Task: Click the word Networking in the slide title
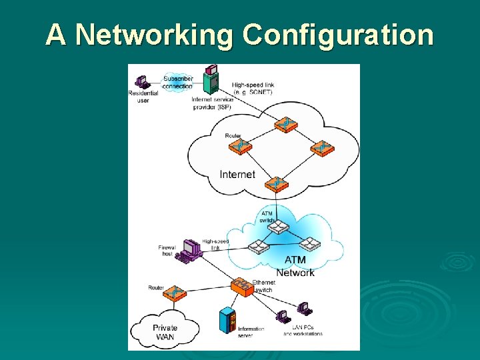(153, 34)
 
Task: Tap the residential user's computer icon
(141, 81)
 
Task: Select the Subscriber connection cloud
(177, 82)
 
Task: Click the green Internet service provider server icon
(211, 80)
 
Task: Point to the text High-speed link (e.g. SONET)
(253, 89)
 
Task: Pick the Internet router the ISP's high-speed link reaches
(288, 125)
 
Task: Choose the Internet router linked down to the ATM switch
(274, 183)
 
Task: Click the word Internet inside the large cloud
(237, 175)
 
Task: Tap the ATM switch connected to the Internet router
(276, 227)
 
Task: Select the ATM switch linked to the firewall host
(257, 247)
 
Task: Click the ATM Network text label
(295, 266)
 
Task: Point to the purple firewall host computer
(191, 249)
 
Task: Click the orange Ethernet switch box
(241, 288)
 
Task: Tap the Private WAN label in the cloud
(165, 332)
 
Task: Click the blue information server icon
(227, 321)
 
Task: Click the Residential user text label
(143, 97)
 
